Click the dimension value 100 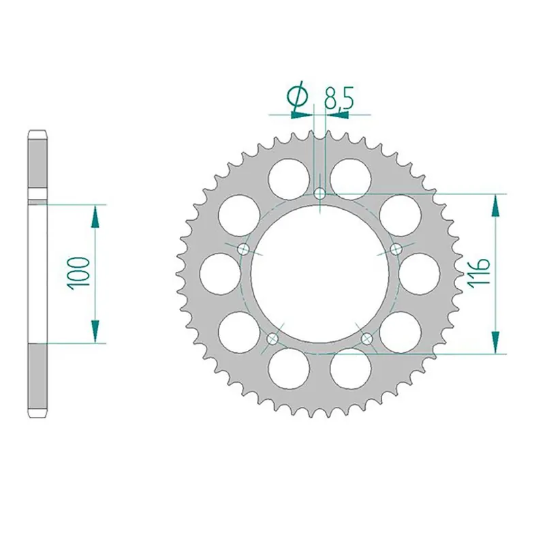click(79, 273)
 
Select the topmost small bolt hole click(320, 194)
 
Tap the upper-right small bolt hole click(396, 249)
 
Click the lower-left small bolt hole click(273, 338)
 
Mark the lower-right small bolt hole click(367, 338)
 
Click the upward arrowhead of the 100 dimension click(95, 217)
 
